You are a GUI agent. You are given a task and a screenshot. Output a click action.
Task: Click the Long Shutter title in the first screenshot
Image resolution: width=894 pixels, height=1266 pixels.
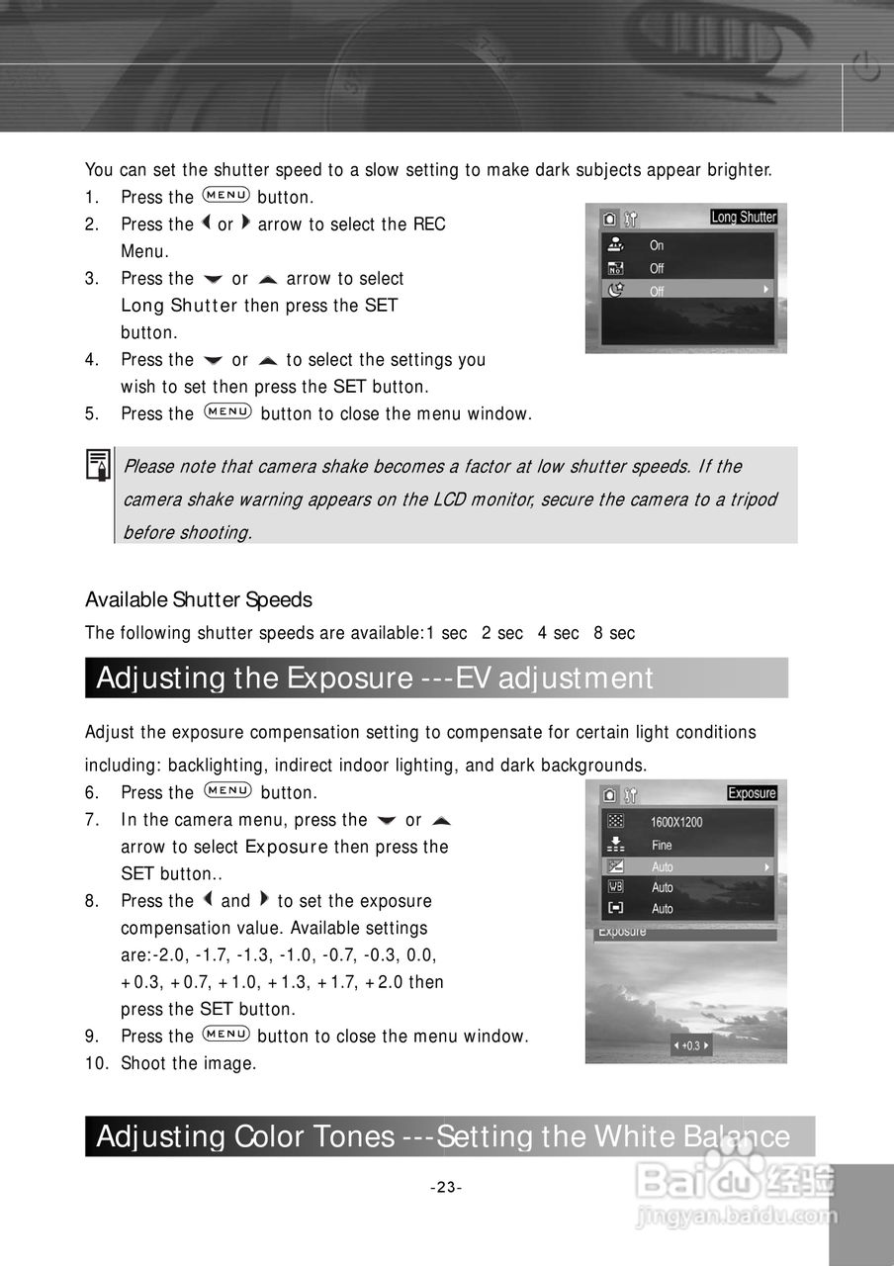coord(744,217)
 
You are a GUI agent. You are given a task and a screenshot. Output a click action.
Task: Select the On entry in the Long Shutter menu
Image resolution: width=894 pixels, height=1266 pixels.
coord(657,245)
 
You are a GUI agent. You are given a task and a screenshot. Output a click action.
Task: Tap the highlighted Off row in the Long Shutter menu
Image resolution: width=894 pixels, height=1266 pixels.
coord(686,291)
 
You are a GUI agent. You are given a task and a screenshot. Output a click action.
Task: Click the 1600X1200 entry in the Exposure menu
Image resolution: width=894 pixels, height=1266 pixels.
coord(676,822)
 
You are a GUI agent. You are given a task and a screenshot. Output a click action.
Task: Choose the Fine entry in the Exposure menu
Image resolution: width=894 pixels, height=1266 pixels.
coord(662,845)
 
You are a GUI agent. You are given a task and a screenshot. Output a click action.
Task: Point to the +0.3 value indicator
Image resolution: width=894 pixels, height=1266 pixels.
coord(690,1045)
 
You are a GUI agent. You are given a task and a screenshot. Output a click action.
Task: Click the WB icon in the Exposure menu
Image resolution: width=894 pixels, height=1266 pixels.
coord(615,887)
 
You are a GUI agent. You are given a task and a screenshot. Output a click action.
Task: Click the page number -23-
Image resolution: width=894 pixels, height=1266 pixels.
coord(446,1187)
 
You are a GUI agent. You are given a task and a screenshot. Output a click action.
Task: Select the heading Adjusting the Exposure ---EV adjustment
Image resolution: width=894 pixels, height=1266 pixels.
coord(375,678)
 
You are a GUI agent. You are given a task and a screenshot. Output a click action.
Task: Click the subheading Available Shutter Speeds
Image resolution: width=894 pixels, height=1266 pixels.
coord(198,600)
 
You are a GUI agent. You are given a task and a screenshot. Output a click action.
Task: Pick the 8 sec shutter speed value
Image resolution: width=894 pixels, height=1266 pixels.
coord(614,633)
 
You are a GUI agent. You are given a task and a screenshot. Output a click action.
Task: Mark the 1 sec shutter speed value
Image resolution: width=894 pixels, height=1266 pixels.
coord(446,633)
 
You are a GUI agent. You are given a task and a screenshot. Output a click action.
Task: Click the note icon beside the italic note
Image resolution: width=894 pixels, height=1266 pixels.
coord(98,466)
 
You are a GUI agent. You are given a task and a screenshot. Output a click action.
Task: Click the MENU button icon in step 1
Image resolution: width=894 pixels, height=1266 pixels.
coord(224,196)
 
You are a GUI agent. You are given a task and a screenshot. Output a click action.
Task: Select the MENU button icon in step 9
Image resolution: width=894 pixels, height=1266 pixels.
coord(224,1035)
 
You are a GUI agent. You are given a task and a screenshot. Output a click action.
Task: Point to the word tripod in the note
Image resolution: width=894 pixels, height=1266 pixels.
coord(753,499)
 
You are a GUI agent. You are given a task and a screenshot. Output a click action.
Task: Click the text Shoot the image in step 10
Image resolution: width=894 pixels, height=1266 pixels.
coord(188,1064)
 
